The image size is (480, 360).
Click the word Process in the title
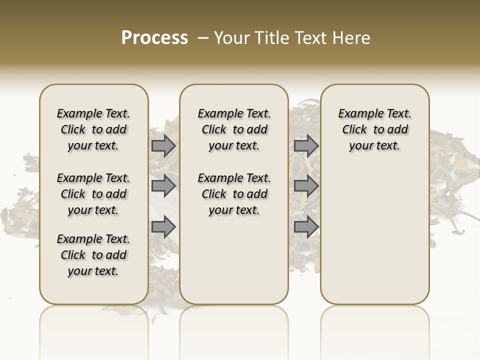pos(154,38)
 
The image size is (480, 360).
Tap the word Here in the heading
pos(352,38)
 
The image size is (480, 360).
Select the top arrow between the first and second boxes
pos(163,145)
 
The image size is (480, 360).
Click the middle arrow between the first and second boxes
pos(163,186)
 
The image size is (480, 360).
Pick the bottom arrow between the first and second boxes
pos(163,227)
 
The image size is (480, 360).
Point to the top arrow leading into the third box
pos(306,145)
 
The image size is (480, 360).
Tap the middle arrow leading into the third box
pos(306,186)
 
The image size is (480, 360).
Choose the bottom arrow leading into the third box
pos(306,227)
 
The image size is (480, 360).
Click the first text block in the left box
pos(93,129)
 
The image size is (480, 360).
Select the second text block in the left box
pos(93,194)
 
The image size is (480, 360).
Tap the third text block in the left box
pos(93,255)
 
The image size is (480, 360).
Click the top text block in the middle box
pos(234,129)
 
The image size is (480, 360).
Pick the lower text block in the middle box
pos(234,194)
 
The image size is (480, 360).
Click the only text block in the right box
pos(374,129)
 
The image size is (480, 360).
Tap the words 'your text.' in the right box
pos(374,146)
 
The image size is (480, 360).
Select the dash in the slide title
pos(203,38)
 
